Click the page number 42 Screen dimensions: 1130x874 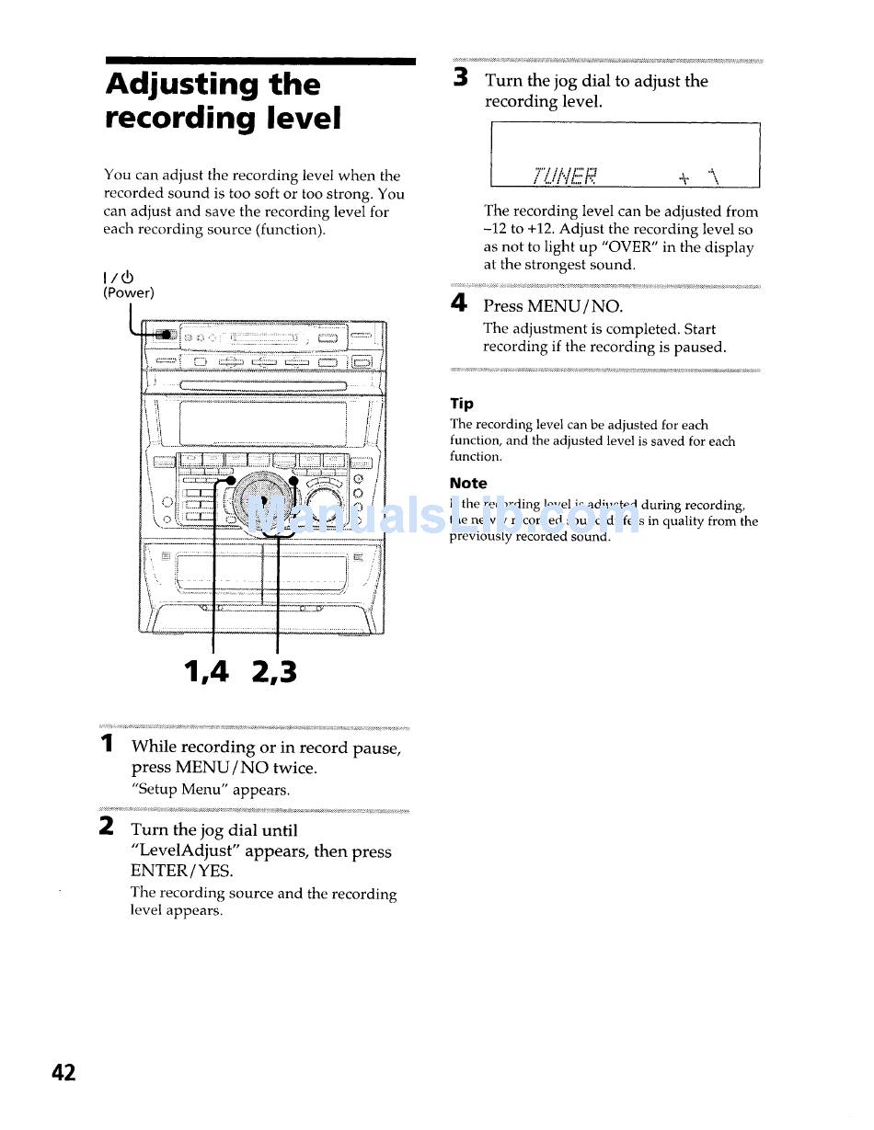(63, 1072)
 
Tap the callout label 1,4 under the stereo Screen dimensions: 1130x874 (206, 672)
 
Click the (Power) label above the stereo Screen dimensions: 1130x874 (128, 292)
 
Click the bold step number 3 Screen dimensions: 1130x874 (461, 79)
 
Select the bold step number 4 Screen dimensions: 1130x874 (460, 303)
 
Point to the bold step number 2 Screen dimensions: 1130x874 (108, 827)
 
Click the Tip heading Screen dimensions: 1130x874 (462, 404)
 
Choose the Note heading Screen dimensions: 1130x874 (468, 483)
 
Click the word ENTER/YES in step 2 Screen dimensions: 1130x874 (182, 871)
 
